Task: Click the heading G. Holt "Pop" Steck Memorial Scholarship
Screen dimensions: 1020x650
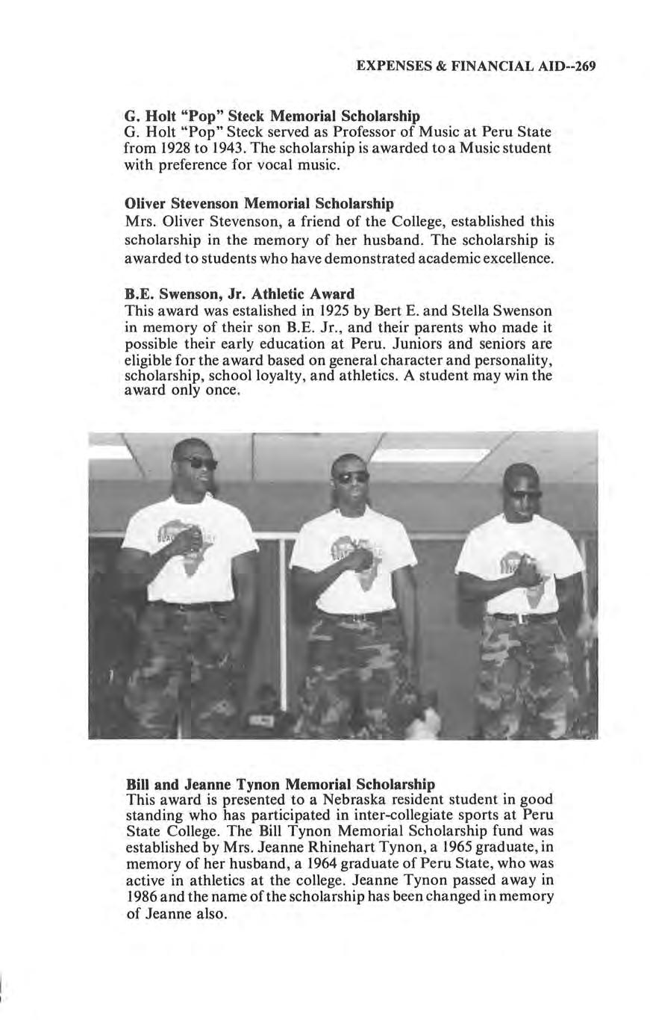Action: click(272, 116)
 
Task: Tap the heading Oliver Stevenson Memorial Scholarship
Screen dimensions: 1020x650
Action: click(259, 203)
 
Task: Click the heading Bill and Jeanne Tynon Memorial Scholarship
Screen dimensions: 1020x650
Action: click(281, 784)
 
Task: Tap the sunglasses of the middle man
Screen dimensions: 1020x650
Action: click(351, 476)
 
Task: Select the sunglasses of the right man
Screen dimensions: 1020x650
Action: click(526, 494)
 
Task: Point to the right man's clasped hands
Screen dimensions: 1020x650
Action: click(528, 573)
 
